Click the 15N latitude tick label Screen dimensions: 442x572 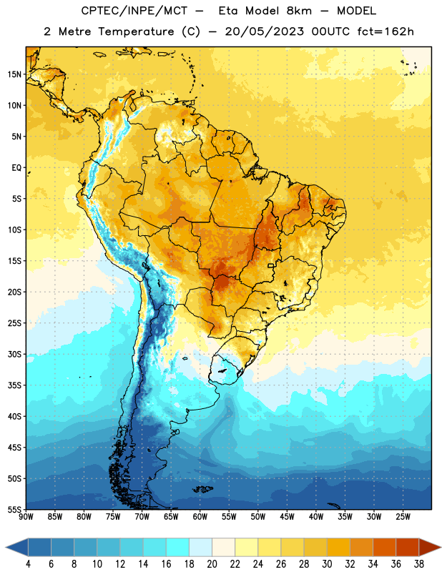click(x=14, y=74)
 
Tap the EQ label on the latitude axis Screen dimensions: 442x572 click(x=16, y=168)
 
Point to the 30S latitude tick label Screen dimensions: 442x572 click(x=14, y=354)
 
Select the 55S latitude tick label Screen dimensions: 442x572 click(x=14, y=509)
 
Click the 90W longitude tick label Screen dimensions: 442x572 click(x=26, y=516)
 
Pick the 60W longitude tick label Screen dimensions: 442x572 click(x=200, y=516)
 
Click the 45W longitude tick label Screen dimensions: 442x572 click(x=287, y=516)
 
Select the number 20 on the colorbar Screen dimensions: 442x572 click(x=212, y=564)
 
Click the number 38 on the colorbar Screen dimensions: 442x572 click(x=419, y=564)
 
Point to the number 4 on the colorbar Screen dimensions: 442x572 click(x=28, y=564)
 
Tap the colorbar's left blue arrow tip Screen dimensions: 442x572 click(x=6, y=547)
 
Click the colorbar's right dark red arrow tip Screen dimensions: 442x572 click(x=441, y=547)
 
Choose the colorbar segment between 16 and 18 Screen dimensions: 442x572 click(x=177, y=547)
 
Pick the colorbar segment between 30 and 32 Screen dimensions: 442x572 click(x=338, y=547)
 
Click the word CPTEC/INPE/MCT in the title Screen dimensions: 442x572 click(x=134, y=11)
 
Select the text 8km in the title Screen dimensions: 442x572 click(x=299, y=11)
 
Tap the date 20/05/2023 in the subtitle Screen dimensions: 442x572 click(x=264, y=31)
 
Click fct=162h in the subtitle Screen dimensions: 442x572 click(x=385, y=31)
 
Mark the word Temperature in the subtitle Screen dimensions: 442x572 click(x=136, y=32)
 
